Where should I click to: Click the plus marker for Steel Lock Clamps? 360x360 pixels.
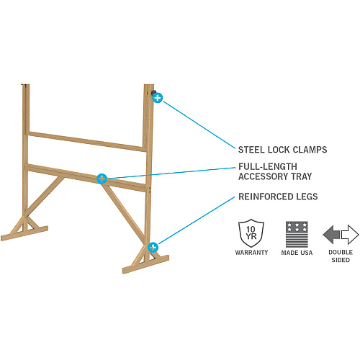(158, 98)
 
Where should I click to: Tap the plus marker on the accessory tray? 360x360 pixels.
(102, 179)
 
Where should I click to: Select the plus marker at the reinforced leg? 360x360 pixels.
(153, 248)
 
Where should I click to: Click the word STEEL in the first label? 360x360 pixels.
(251, 150)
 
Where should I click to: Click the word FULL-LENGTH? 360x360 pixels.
(268, 166)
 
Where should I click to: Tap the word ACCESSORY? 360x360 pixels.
(263, 176)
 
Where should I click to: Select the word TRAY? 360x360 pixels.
(302, 176)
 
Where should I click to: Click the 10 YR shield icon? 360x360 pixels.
(251, 233)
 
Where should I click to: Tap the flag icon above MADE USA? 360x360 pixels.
(297, 235)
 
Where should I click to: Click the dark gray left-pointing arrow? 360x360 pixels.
(331, 235)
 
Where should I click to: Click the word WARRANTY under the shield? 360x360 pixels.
(251, 252)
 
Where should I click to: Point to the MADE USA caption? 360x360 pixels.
(297, 253)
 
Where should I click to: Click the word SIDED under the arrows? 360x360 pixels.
(341, 260)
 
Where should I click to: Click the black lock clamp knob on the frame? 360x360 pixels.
(153, 93)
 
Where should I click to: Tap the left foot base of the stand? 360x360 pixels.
(24, 233)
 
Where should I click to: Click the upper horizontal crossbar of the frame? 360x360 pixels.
(87, 142)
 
